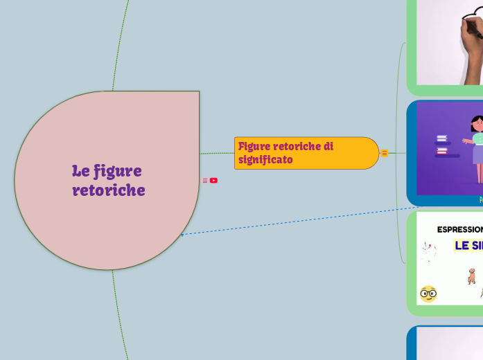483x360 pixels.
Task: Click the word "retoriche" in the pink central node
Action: pyautogui.click(x=109, y=190)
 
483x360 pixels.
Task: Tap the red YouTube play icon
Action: pyautogui.click(x=213, y=181)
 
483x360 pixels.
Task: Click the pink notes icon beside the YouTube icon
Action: pyautogui.click(x=204, y=181)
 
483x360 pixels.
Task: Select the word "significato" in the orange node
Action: pyautogui.click(x=265, y=160)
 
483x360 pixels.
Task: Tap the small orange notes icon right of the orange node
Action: pyautogui.click(x=385, y=153)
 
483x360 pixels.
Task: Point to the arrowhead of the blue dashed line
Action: pyautogui.click(x=182, y=235)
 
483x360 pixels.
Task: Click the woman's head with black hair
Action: pyautogui.click(x=477, y=124)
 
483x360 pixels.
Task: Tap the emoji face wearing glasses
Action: pyautogui.click(x=428, y=294)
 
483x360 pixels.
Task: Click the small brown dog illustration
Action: pyautogui.click(x=472, y=276)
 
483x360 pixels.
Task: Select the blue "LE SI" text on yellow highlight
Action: pyautogui.click(x=468, y=245)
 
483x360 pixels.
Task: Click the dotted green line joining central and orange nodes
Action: pyautogui.click(x=217, y=153)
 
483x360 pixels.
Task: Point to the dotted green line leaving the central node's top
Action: pyautogui.click(x=122, y=42)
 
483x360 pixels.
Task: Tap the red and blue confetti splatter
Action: pyautogui.click(x=429, y=253)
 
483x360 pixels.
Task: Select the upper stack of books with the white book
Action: pyautogui.click(x=441, y=139)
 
